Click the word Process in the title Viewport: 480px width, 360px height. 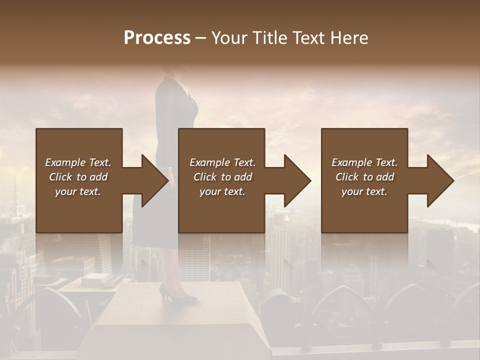tap(157, 38)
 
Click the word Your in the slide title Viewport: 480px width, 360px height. tap(231, 38)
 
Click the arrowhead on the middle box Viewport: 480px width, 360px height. tap(297, 180)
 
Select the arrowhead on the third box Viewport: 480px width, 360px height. tap(440, 180)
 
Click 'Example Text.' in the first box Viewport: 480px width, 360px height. tap(78, 162)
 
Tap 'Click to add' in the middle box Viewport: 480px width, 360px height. tap(222, 177)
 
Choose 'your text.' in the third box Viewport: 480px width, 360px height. tap(364, 191)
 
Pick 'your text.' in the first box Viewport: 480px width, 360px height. tap(78, 191)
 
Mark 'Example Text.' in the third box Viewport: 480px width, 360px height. tap(364, 162)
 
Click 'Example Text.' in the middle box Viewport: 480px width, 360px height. tap(222, 162)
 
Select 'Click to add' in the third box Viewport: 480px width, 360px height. tap(364, 177)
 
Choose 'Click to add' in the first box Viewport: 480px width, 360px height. tap(78, 177)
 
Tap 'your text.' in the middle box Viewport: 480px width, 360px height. tap(222, 191)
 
